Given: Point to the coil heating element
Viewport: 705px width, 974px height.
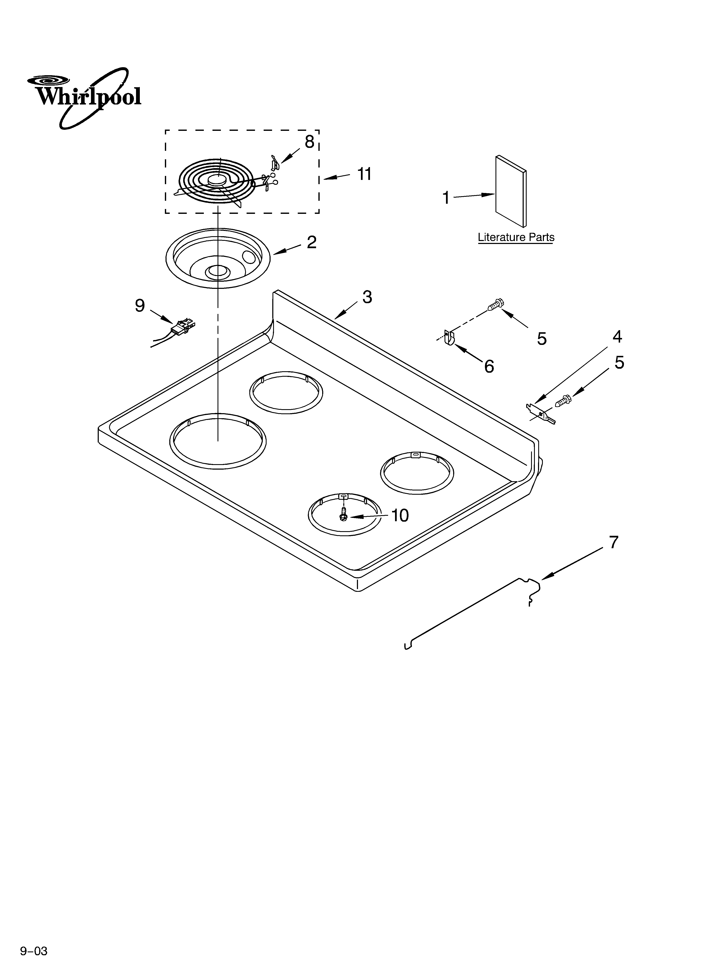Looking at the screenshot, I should [217, 182].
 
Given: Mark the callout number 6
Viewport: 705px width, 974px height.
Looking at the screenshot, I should [489, 366].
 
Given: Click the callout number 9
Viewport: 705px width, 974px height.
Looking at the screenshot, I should [140, 306].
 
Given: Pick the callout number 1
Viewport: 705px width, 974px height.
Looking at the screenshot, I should [446, 198].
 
